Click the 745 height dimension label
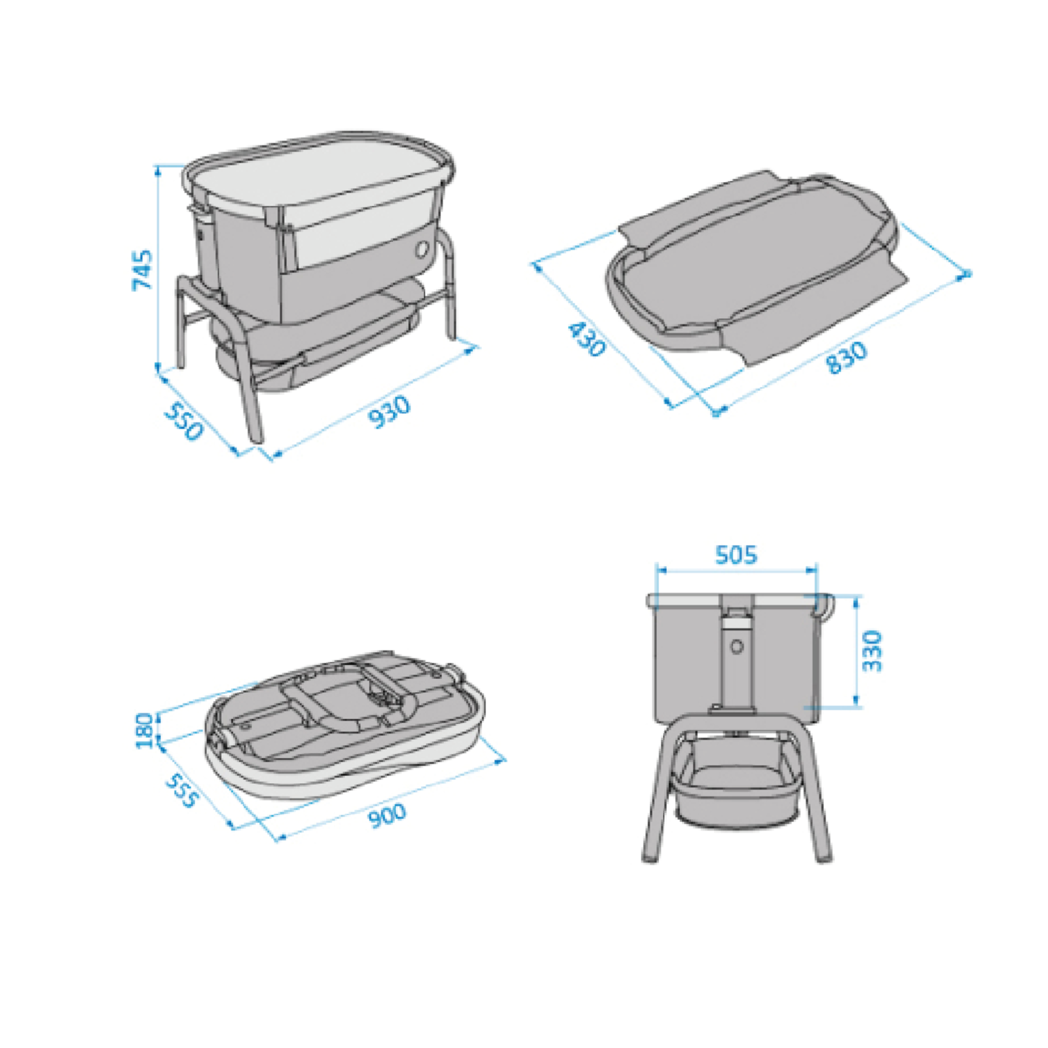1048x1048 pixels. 142,269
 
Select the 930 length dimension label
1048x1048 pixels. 390,411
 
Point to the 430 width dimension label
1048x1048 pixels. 586,339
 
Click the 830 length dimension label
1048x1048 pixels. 846,358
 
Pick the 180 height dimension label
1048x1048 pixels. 144,730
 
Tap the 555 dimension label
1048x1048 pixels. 181,791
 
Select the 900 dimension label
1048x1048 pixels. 387,816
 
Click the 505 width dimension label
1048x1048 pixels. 736,555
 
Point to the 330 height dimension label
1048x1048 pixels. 872,650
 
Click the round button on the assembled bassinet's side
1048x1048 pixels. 422,248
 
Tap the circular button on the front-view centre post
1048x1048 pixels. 737,647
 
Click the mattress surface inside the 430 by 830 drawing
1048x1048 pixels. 753,262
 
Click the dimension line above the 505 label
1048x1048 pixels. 736,571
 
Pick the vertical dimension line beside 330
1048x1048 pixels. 857,651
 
